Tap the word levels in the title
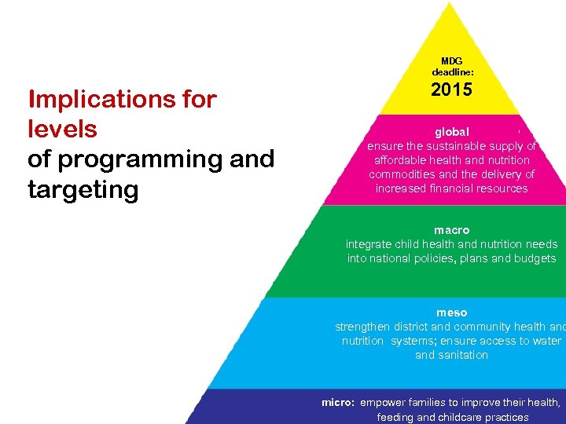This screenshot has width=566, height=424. point(62,129)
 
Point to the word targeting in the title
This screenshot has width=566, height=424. point(83,190)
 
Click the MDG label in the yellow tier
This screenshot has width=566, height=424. point(452,60)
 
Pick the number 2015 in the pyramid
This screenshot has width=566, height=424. point(452,90)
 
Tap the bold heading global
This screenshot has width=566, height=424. point(452,132)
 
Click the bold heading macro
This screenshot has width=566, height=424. point(452,230)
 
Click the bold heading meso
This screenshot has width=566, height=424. point(452,313)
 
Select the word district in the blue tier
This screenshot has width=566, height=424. point(409,327)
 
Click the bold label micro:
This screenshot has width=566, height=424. point(339,402)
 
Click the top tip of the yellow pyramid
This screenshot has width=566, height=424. point(450,4)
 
